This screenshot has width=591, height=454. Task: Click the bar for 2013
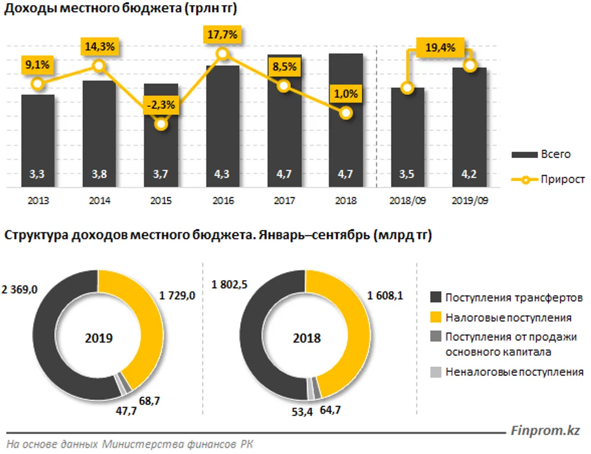[x=38, y=141]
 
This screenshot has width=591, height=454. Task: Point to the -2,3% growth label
[x=162, y=105]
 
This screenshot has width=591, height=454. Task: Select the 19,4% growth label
[x=439, y=47]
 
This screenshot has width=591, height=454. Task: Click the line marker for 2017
[x=284, y=86]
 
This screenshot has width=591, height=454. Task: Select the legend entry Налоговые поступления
[x=508, y=318]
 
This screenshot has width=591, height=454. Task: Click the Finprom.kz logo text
[x=545, y=431]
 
